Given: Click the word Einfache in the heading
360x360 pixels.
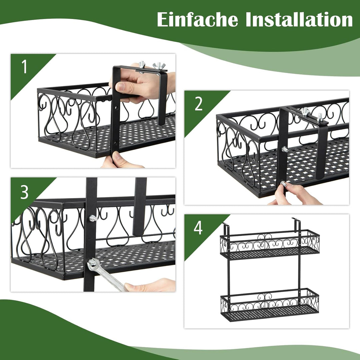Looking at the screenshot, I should [x=197, y=20].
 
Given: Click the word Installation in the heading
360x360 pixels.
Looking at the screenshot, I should [x=299, y=20].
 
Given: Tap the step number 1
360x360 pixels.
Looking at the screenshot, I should [x=24, y=67].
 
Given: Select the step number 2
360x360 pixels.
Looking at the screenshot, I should [x=199, y=104].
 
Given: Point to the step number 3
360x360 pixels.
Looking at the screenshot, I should [x=24, y=193].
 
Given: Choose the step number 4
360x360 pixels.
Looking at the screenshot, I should [x=198, y=228].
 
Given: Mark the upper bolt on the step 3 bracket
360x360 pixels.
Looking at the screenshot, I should [x=93, y=218].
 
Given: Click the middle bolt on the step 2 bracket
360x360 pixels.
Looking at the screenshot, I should [x=285, y=149].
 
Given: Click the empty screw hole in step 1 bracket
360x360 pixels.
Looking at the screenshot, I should [x=116, y=108].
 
